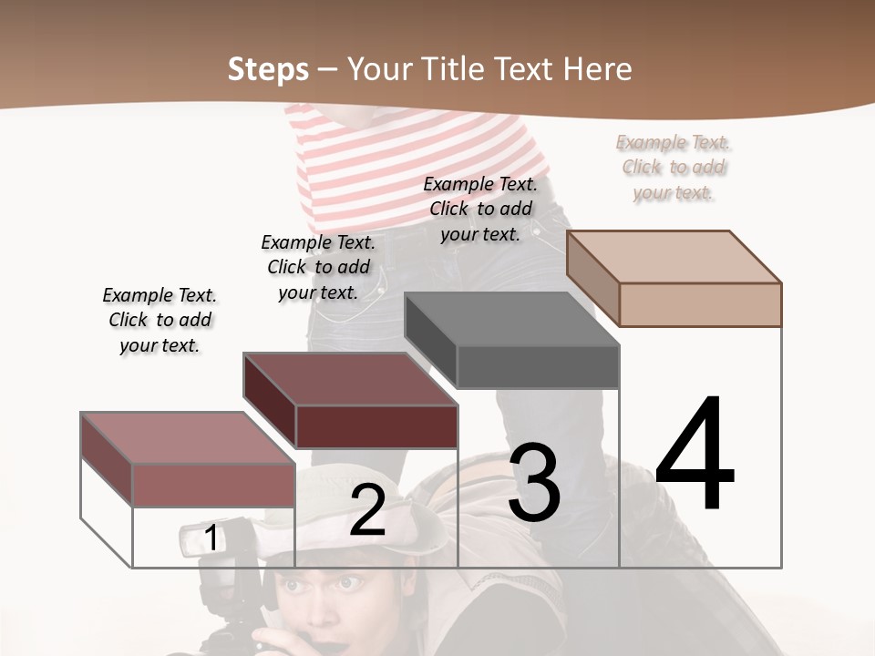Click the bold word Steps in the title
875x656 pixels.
click(268, 69)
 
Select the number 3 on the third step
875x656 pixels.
click(534, 484)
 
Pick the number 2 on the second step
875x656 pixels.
click(367, 510)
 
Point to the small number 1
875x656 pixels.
click(211, 538)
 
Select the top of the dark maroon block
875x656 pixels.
click(350, 379)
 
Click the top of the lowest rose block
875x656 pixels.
click(188, 438)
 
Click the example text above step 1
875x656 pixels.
click(160, 320)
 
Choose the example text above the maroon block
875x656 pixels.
click(318, 267)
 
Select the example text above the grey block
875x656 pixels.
click(480, 209)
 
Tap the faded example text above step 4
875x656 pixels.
click(674, 167)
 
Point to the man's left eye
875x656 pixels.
click(350, 583)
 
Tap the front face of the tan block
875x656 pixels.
click(700, 304)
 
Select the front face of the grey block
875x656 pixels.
click(538, 367)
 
